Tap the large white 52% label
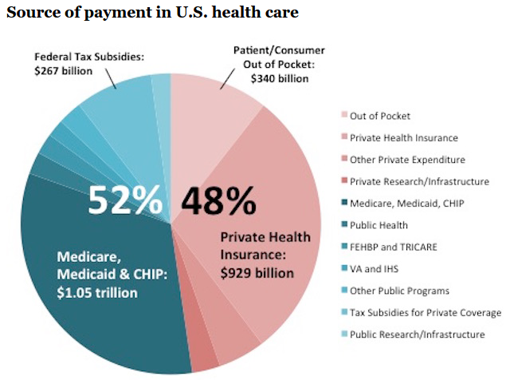point(124,200)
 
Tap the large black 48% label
point(218,200)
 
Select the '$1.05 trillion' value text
point(97,292)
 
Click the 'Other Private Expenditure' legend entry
point(406,160)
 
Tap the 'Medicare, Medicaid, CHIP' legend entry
point(406,204)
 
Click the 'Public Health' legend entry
point(378,225)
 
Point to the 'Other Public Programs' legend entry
point(399,291)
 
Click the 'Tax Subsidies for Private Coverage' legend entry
point(426,313)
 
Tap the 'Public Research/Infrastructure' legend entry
point(416,334)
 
